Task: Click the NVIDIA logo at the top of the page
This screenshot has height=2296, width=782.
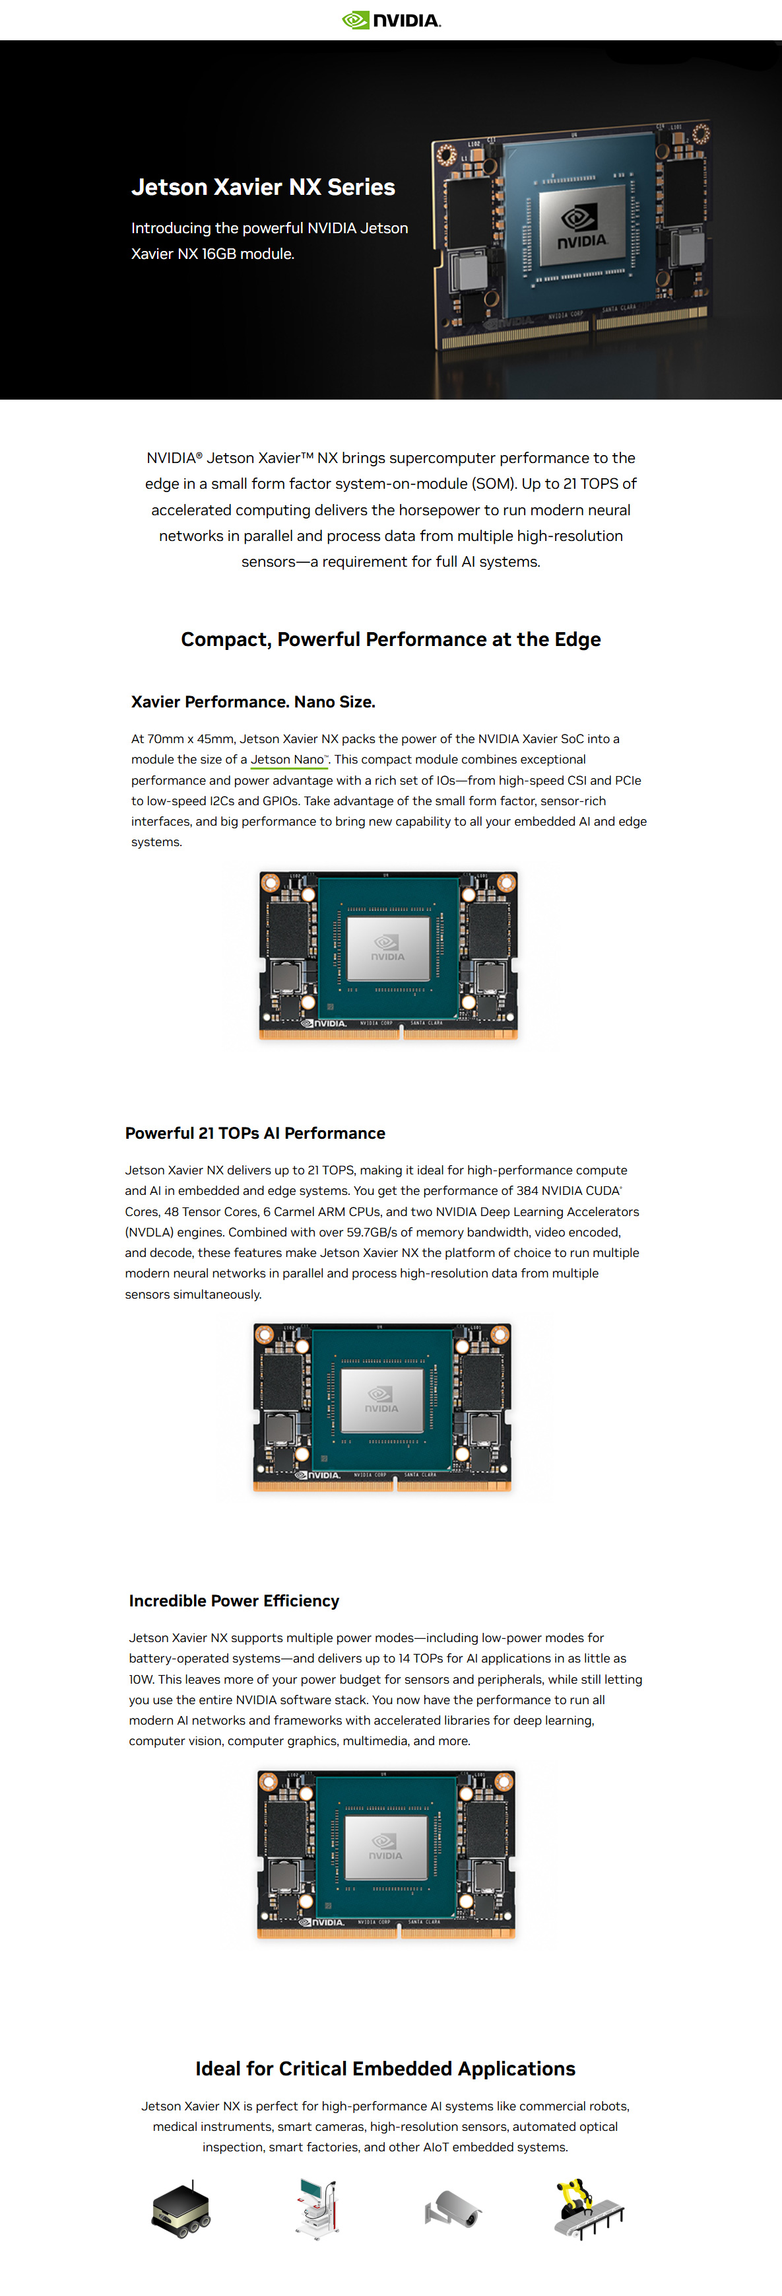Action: (x=391, y=20)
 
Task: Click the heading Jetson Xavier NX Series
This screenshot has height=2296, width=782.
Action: (x=263, y=187)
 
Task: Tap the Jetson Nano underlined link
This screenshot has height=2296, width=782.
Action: (x=288, y=760)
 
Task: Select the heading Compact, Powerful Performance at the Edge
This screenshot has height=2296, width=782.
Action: (x=391, y=639)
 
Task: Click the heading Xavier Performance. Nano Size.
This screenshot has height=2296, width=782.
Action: (x=253, y=701)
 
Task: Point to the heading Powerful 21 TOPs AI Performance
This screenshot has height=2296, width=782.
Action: (x=255, y=1133)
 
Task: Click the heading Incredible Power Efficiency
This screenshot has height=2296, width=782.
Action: (x=234, y=1600)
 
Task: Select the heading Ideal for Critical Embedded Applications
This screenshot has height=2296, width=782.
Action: (x=385, y=2068)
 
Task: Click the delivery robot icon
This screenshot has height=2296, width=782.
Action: (x=181, y=2209)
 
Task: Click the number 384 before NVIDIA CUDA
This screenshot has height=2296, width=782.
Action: (x=527, y=1191)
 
